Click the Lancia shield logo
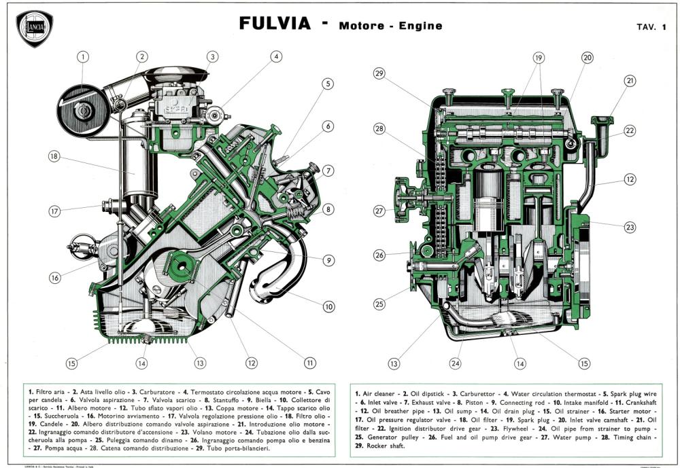pyautogui.click(x=34, y=29)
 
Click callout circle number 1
pyautogui.click(x=82, y=57)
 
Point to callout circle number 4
pyautogui.click(x=276, y=57)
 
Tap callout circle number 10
pyautogui.click(x=328, y=306)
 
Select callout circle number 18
pyautogui.click(x=55, y=156)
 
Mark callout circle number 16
pyautogui.click(x=55, y=278)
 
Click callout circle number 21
pyautogui.click(x=630, y=81)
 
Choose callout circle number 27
pyautogui.click(x=379, y=211)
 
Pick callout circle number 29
pyautogui.click(x=379, y=73)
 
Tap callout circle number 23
pyautogui.click(x=630, y=227)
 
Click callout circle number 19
pyautogui.click(x=539, y=58)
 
